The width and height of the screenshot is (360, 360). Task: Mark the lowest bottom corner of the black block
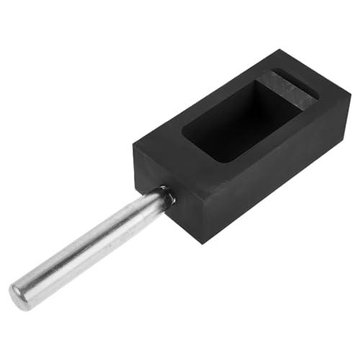point(204,241)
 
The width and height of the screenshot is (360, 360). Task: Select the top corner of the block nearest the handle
point(134,144)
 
